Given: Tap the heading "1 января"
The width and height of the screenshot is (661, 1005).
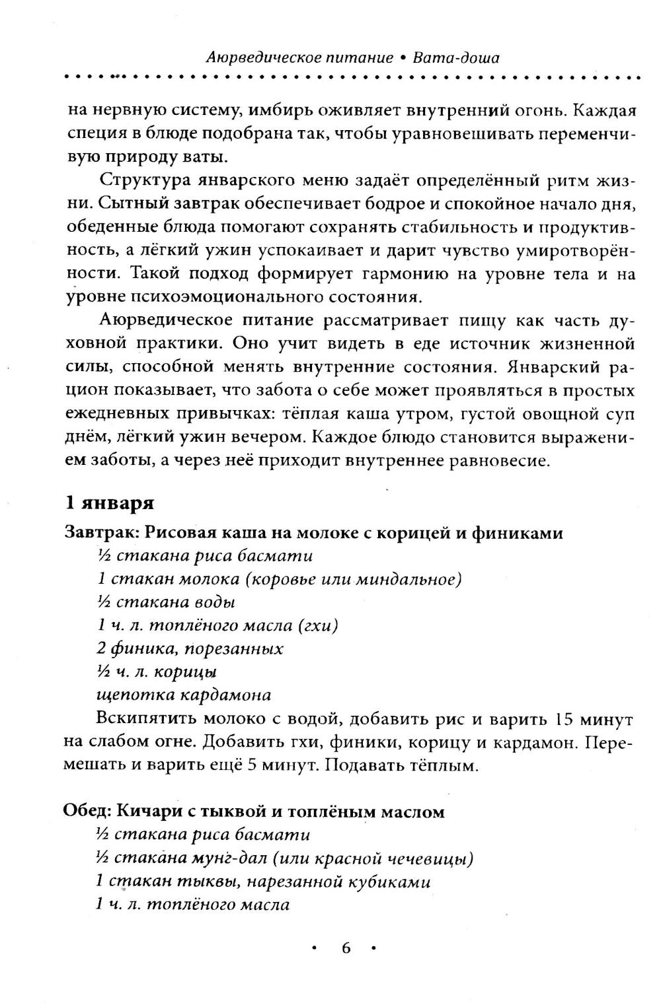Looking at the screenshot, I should coord(109,502).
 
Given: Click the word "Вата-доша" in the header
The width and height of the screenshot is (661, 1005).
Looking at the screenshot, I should coord(456,57).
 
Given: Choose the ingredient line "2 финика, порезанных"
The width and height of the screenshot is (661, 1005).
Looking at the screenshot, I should coord(190,648).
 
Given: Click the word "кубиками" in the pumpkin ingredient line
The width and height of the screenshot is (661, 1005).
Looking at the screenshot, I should coord(389,881).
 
